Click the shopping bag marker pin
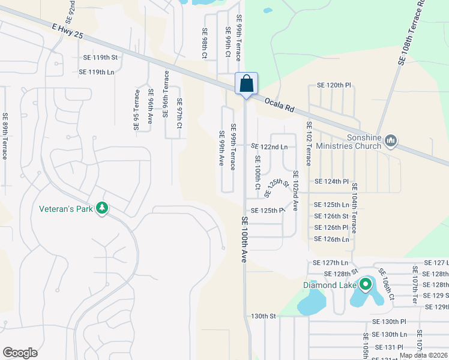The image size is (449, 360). [246, 83]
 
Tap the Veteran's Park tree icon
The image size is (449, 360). [103, 208]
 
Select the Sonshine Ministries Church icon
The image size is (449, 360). [391, 141]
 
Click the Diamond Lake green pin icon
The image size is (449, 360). [364, 284]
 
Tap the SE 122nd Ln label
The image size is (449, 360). [269, 146]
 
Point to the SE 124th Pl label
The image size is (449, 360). [331, 181]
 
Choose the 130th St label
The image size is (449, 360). [263, 316]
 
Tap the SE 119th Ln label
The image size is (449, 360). [97, 72]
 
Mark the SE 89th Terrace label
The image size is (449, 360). [5, 136]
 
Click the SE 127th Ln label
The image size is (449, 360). [330, 263]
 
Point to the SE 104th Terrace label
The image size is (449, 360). [355, 208]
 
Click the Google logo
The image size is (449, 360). [20, 353]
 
